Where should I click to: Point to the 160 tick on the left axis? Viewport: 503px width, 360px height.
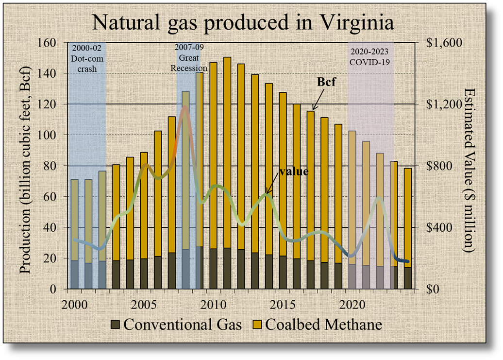pyautogui.click(x=47, y=43)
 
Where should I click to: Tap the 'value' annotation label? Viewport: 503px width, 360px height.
pyautogui.click(x=293, y=171)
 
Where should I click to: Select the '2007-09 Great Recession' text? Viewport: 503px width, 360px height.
pyautogui.click(x=185, y=58)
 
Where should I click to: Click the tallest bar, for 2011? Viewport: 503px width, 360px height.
pyautogui.click(x=227, y=170)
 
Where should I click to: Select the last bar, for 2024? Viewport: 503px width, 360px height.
pyautogui.click(x=407, y=228)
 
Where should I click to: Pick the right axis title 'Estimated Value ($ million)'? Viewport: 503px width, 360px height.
pyautogui.click(x=469, y=170)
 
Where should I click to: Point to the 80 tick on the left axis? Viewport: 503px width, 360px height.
pyautogui.click(x=50, y=166)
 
